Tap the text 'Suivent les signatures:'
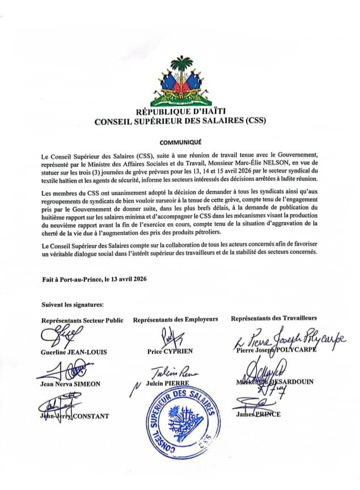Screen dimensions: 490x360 pos(72,306)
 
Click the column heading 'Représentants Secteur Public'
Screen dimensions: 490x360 pos(82,320)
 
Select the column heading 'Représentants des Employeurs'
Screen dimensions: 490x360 pos(176,320)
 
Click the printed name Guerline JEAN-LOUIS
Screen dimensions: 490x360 pos(74,352)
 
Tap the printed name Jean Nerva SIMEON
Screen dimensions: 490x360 pos(71,384)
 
